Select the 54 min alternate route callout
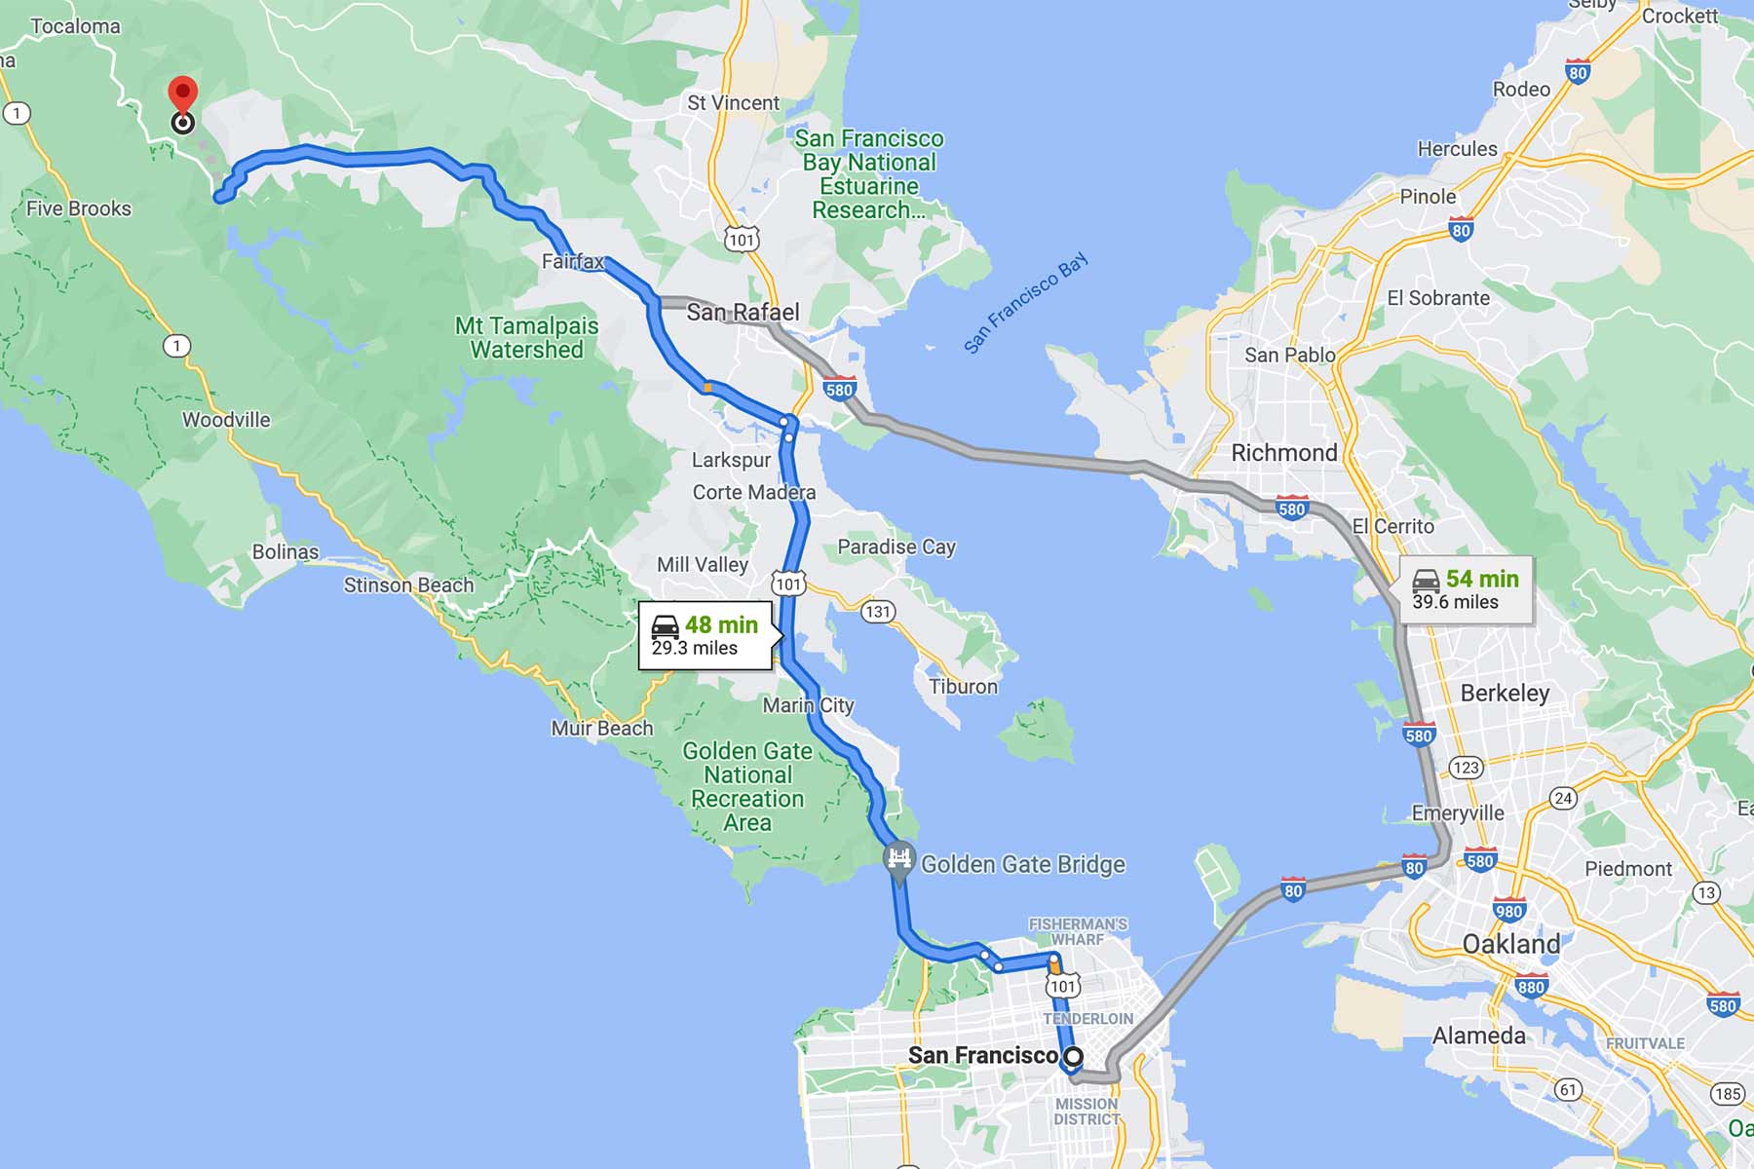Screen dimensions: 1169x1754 coord(1467,589)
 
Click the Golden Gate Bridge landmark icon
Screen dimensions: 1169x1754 coord(898,860)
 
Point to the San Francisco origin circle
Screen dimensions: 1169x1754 coord(1073,1056)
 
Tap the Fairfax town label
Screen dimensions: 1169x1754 coord(573,261)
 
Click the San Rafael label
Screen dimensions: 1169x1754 coord(743,312)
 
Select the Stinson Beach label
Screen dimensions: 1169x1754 coord(408,584)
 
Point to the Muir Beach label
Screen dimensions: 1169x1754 coord(601,728)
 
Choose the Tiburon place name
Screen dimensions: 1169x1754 coord(963,686)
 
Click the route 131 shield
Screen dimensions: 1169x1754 coord(878,611)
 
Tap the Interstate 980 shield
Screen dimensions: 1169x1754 coord(1509,911)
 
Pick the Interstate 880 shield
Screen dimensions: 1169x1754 coord(1531,986)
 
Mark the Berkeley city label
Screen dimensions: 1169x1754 coord(1505,693)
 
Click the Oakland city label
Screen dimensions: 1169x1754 coord(1510,943)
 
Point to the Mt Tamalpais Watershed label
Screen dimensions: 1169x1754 coord(526,337)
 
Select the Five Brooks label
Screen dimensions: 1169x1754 coord(79,208)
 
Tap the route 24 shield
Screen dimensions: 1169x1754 coord(1563,799)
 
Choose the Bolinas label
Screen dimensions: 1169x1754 coord(286,551)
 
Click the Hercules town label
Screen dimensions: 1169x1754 coord(1457,149)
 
